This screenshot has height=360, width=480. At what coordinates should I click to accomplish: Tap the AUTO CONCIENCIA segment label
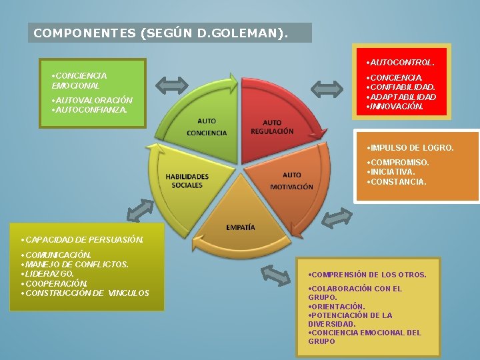pos(207,127)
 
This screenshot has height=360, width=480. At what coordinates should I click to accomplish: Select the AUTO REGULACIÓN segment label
pos(272,127)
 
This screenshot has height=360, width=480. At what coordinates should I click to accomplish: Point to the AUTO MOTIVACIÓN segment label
pos(291,181)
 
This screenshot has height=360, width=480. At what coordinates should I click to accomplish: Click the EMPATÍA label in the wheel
pos(240,227)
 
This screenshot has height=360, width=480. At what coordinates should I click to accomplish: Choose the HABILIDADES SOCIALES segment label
pos(187,181)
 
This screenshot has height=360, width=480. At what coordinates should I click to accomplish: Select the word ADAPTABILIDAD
pos(404,97)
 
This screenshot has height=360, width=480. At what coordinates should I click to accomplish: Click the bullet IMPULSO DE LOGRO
pos(411,147)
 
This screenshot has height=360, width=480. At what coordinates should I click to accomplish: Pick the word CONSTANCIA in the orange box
pos(398,181)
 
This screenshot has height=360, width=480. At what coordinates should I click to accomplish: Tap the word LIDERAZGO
pos(49,273)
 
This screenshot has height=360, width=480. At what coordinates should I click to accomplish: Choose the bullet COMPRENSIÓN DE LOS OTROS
pos(369,275)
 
